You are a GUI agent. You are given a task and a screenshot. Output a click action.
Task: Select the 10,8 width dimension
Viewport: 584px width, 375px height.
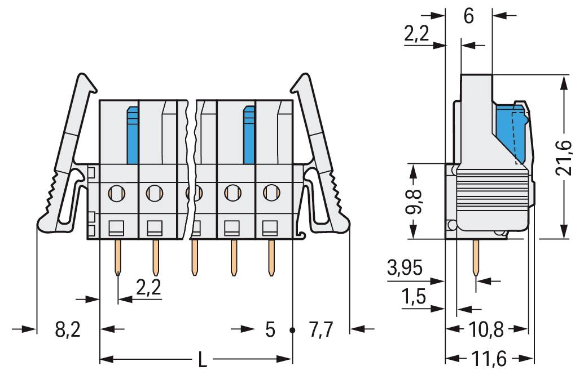[x=487, y=329]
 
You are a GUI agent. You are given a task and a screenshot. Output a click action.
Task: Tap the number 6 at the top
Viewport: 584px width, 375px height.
[x=469, y=16]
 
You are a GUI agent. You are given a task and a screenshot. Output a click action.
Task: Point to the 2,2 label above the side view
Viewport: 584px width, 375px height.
[x=417, y=35]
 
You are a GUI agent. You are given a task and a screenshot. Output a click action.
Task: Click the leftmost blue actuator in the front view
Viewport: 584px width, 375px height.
[x=132, y=135]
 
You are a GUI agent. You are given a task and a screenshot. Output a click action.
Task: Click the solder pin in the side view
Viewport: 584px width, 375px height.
[x=476, y=258]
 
